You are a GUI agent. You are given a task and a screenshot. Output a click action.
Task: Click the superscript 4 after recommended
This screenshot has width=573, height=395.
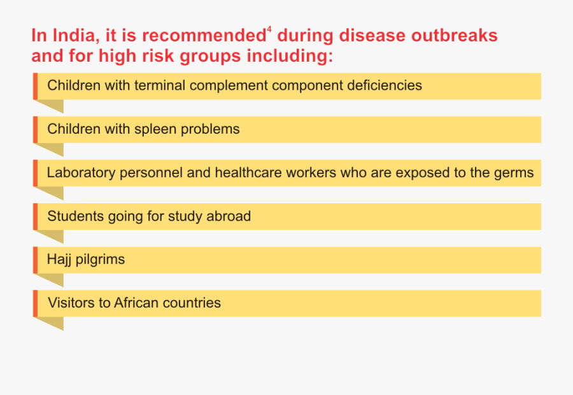(x=269, y=29)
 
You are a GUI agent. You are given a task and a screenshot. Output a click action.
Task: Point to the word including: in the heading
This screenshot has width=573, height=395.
(x=290, y=56)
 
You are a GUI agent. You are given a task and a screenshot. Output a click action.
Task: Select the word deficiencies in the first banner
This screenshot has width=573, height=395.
(x=385, y=85)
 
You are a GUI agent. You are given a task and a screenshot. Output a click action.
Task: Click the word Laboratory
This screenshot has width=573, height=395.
(x=81, y=173)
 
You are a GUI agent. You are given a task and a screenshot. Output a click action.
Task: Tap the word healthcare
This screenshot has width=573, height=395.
(x=248, y=173)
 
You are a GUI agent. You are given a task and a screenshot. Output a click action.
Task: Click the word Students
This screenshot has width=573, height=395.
(x=76, y=216)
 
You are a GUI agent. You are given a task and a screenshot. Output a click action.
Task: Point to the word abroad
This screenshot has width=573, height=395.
(x=229, y=216)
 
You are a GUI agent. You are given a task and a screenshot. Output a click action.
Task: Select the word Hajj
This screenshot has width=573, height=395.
(x=59, y=260)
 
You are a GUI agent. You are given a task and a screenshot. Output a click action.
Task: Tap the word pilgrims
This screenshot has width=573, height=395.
(x=100, y=260)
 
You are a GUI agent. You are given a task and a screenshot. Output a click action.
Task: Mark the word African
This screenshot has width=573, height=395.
(x=136, y=303)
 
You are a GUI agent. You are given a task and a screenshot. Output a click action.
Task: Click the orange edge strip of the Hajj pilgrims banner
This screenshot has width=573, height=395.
(x=35, y=260)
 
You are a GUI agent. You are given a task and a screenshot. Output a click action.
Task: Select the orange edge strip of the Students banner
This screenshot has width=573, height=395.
(x=35, y=217)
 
